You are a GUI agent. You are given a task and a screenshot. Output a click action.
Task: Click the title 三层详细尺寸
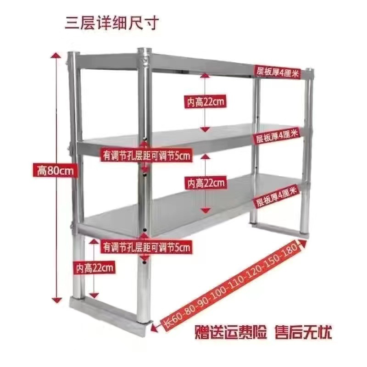[112, 22]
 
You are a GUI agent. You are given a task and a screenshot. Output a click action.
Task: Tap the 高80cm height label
[56, 171]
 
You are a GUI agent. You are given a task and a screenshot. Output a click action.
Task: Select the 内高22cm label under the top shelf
[206, 101]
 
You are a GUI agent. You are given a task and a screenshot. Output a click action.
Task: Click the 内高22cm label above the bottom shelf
[206, 183]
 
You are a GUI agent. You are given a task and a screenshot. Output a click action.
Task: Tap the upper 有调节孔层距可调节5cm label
[146, 156]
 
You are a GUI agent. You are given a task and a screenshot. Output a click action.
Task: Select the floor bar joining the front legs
[108, 314]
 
